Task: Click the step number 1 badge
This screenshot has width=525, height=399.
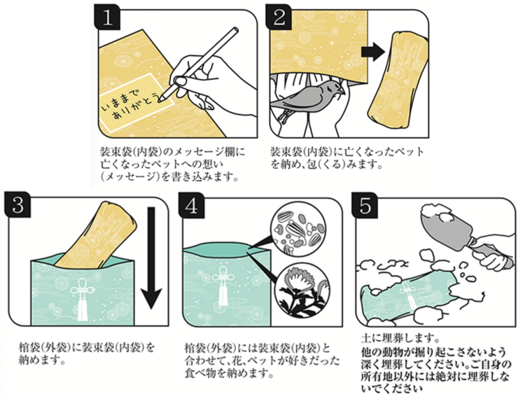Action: click(x=107, y=17)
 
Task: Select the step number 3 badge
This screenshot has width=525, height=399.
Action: click(x=17, y=205)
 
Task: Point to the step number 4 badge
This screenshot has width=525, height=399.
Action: click(x=192, y=205)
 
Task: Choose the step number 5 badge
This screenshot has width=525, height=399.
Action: click(x=365, y=205)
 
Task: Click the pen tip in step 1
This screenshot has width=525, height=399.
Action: click(x=162, y=99)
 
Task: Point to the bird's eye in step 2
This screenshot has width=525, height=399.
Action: click(x=331, y=87)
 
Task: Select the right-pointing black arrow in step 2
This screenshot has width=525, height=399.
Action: click(x=373, y=52)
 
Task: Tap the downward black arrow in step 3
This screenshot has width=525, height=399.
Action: click(x=151, y=258)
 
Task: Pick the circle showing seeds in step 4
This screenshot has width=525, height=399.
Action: click(x=297, y=232)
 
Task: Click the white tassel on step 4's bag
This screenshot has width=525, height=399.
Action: click(x=223, y=287)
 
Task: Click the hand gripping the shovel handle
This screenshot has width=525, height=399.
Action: click(x=495, y=248)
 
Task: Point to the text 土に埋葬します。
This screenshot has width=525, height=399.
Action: click(x=400, y=338)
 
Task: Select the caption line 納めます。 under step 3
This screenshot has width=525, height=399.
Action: click(x=43, y=360)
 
